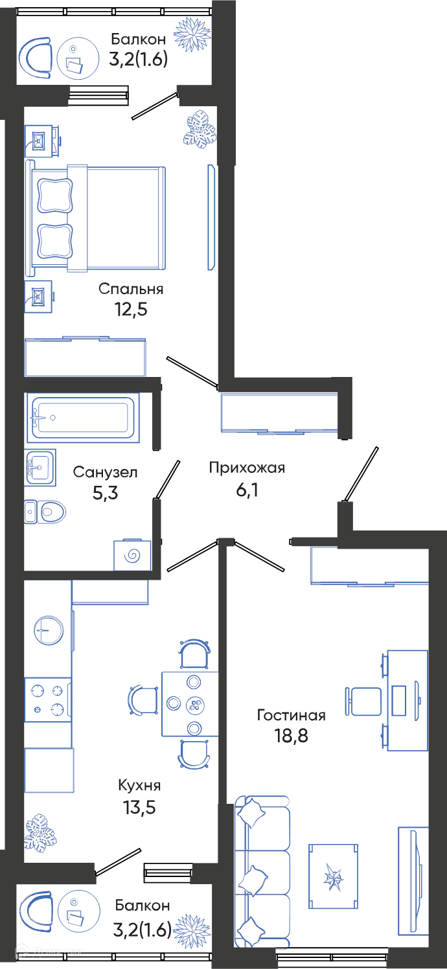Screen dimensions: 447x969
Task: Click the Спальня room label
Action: tap(131, 289)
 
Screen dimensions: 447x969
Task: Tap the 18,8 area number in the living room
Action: tap(292, 735)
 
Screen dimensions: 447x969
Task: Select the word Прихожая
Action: tap(247, 468)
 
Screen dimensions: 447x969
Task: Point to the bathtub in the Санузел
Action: tap(83, 418)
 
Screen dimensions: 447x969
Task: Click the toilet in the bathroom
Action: tap(45, 512)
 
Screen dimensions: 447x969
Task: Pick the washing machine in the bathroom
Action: tap(132, 554)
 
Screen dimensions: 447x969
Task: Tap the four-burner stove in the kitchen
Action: tap(47, 700)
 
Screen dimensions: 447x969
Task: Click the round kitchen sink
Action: tap(49, 630)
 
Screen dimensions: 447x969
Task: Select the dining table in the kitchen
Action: tap(190, 704)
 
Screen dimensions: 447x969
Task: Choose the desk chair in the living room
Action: tap(363, 701)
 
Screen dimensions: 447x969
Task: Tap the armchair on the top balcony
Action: tap(36, 58)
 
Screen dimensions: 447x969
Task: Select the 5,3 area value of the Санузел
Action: tap(105, 492)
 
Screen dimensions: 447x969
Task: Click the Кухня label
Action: tap(139, 785)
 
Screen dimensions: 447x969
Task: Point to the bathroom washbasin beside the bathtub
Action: tap(40, 468)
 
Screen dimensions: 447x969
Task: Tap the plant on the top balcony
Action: tap(192, 34)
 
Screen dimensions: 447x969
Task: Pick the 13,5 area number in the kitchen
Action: tap(139, 807)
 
